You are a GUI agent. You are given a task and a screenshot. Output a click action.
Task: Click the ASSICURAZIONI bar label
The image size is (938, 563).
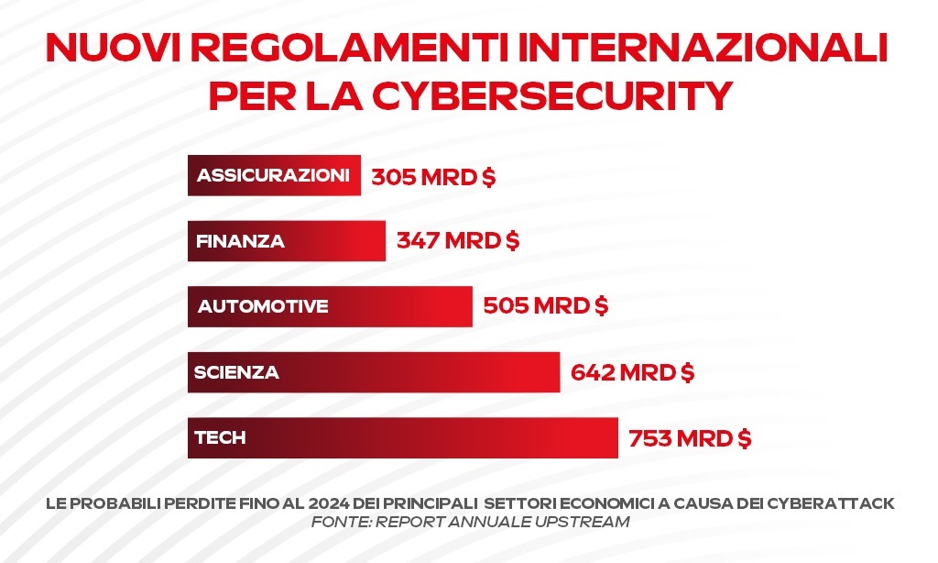273,175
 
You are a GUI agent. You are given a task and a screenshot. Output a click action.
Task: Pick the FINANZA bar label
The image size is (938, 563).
240,242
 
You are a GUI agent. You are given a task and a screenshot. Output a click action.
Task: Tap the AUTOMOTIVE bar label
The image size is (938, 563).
263,306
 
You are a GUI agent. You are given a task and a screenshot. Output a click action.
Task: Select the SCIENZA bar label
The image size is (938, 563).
236,372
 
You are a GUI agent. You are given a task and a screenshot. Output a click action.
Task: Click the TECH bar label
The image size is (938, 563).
220,437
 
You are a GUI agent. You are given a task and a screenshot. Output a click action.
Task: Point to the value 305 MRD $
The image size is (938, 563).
433,177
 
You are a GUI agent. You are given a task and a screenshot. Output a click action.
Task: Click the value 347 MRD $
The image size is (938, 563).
458,242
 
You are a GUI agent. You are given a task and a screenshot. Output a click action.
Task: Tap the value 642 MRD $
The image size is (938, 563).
632,373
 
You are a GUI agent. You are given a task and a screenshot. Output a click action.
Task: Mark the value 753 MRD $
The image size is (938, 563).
690,438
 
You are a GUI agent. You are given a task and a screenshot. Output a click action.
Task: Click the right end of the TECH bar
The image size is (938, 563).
616,437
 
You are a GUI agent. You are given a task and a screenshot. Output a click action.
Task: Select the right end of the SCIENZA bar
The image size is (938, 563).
557,372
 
